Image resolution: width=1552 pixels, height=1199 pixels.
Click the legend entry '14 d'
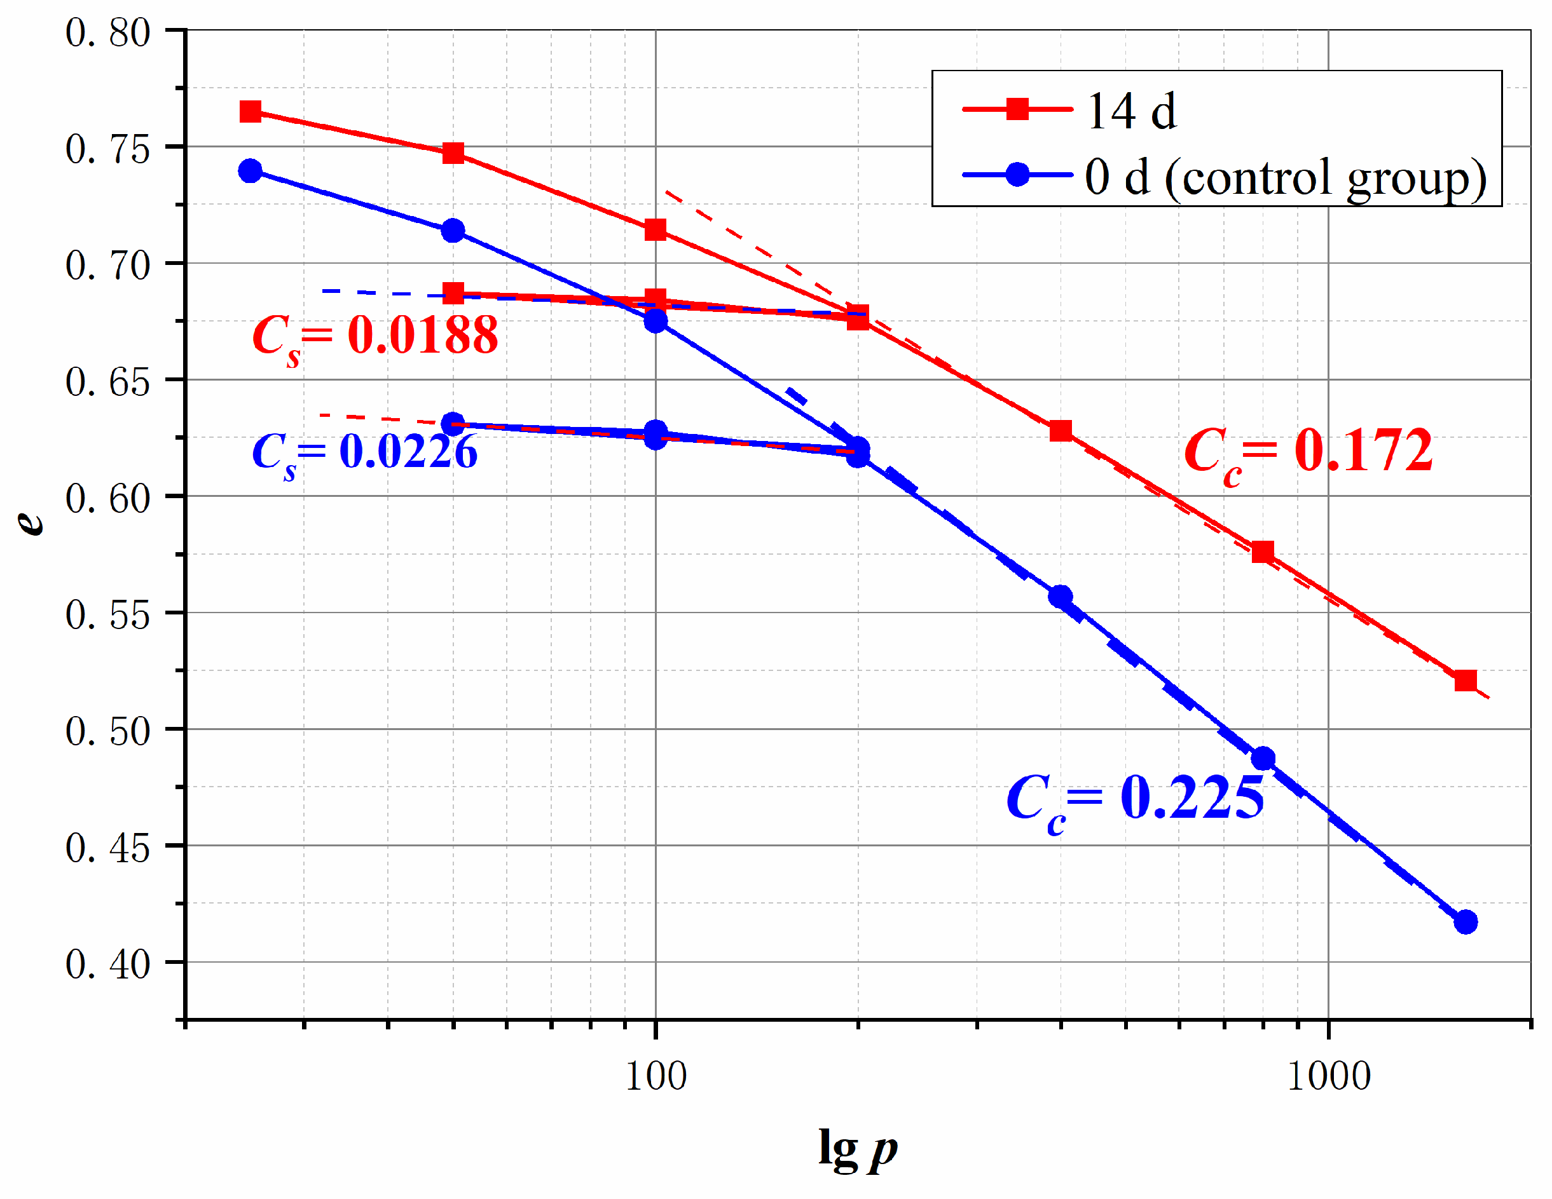point(1131,112)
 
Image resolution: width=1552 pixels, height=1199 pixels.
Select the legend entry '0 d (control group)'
point(1285,177)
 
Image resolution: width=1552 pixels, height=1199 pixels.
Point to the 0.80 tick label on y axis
point(108,32)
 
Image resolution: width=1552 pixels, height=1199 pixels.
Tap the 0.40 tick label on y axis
point(108,965)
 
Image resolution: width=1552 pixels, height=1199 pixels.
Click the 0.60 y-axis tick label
point(108,499)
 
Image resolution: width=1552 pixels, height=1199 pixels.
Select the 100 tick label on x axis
point(655,1077)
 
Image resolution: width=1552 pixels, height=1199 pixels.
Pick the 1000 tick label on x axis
point(1328,1077)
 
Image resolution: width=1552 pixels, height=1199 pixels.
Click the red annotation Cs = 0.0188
point(375,337)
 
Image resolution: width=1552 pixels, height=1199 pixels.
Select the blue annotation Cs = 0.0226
point(364,452)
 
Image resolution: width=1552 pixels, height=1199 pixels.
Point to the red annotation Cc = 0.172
point(1308,452)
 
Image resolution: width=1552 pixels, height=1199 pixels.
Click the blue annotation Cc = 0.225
point(1135,799)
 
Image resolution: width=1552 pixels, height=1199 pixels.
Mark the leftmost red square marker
point(250,112)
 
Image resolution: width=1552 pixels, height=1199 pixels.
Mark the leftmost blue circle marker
point(250,171)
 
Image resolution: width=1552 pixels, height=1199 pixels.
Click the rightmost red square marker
point(1466,681)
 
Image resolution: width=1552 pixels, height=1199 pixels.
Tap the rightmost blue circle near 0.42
point(1466,922)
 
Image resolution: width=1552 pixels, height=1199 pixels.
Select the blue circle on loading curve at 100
point(655,321)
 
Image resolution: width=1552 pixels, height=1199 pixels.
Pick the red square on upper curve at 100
point(655,230)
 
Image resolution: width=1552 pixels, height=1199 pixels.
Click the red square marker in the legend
point(1018,109)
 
